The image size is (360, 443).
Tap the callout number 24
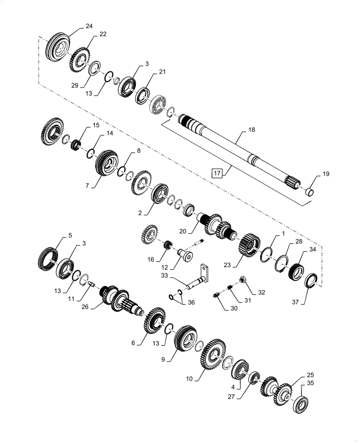click(x=89, y=26)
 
